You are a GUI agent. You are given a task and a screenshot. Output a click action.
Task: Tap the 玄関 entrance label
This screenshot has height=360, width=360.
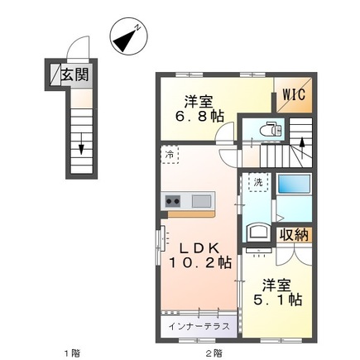tap(74, 75)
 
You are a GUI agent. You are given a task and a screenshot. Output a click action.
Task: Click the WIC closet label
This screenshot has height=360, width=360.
tap(295, 94)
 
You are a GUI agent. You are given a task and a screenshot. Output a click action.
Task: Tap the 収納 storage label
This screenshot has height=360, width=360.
tap(293, 236)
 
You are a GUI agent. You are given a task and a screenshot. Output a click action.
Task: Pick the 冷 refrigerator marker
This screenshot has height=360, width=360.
tap(170, 155)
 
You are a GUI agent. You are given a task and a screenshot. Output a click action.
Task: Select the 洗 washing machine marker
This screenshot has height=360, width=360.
tap(258, 182)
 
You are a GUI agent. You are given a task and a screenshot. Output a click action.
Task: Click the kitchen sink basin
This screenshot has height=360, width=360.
tap(202, 201)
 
